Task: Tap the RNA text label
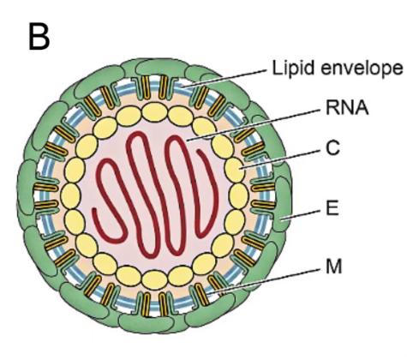[347, 108]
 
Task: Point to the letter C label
[333, 148]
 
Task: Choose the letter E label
[332, 207]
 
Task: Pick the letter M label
[334, 267]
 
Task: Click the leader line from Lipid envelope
[225, 77]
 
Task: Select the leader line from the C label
[281, 159]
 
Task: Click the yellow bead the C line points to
[235, 170]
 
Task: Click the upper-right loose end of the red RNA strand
[200, 152]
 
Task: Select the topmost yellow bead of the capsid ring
[154, 112]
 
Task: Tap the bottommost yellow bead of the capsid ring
[154, 279]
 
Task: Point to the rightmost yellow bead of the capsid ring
[239, 195]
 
